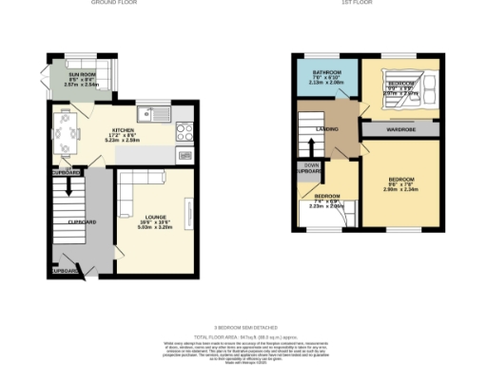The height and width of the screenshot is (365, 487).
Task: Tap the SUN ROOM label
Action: click(80, 72)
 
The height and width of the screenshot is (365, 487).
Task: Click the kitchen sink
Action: click(151, 116)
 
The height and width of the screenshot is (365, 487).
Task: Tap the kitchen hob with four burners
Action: click(185, 134)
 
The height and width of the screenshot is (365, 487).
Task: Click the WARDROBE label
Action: click(399, 128)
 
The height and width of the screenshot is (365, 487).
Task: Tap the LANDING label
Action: click(329, 127)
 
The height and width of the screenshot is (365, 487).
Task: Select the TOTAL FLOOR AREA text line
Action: click(243, 336)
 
